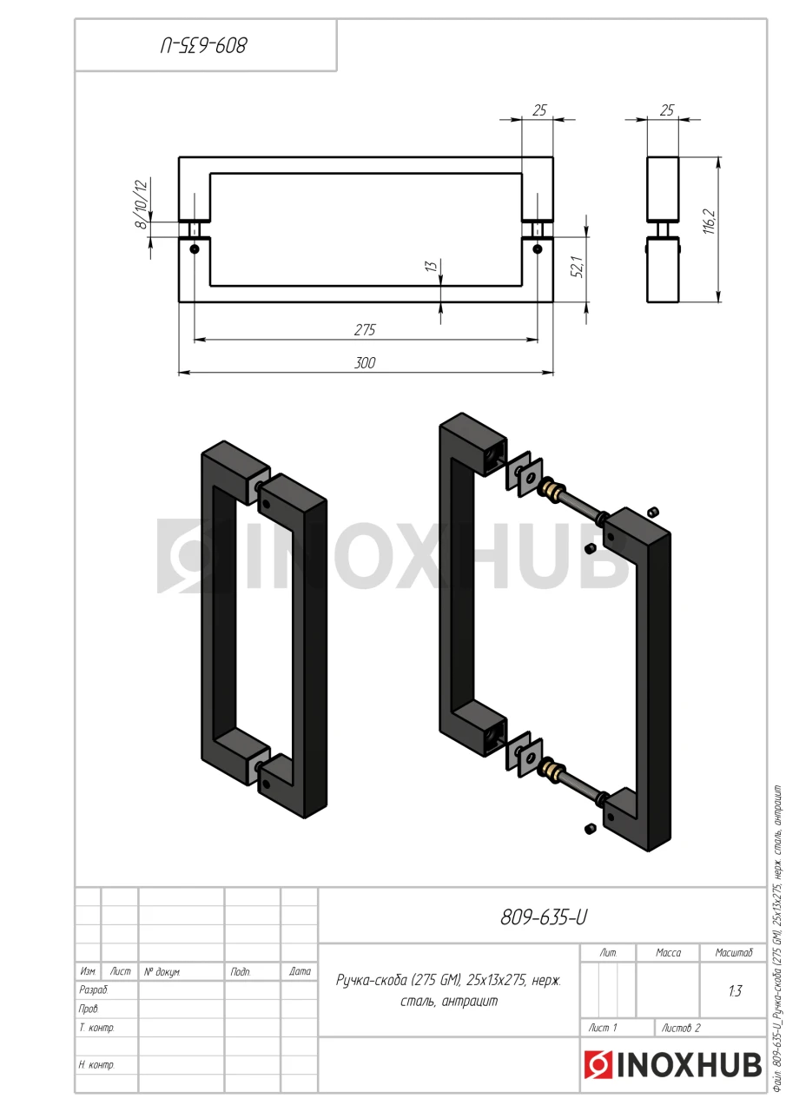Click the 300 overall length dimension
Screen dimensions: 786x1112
click(365, 363)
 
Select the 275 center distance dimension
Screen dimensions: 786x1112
click(365, 330)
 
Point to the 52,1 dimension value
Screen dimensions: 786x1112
click(578, 267)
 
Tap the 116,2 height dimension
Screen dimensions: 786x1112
click(710, 222)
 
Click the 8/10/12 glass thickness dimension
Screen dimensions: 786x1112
click(142, 204)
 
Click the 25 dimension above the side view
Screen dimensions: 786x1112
click(667, 110)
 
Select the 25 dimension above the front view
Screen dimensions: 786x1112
click(539, 110)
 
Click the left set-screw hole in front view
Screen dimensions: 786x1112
click(195, 248)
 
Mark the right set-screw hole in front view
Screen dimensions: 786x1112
click(537, 248)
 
